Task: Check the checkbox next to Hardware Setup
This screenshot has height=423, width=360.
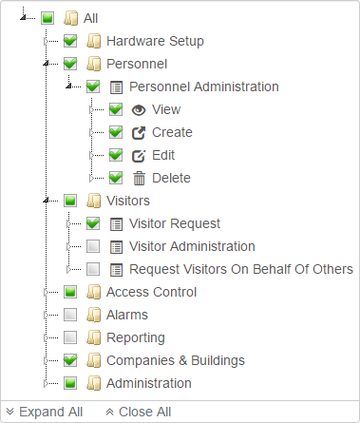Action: tap(70, 41)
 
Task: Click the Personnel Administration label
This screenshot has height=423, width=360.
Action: tap(204, 87)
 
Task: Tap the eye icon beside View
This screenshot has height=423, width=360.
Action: tap(139, 109)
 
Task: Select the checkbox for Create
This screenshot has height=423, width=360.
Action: tap(116, 132)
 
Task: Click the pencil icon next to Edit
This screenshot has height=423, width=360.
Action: tap(139, 155)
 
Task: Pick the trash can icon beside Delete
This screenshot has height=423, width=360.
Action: tap(139, 178)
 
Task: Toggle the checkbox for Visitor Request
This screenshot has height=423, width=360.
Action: tap(93, 223)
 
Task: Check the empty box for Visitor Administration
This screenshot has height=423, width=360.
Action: tap(93, 246)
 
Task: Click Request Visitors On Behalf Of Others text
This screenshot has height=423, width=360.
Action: tap(241, 269)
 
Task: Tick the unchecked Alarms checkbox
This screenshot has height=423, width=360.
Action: tap(70, 315)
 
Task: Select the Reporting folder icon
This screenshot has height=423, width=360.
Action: tap(93, 337)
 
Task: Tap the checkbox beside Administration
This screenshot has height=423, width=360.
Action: tap(70, 383)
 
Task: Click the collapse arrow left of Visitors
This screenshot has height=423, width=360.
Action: tap(47, 201)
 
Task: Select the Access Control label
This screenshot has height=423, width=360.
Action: tap(152, 292)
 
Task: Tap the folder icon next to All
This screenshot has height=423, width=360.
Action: tap(70, 18)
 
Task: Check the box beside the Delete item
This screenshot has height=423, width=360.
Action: tap(116, 178)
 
